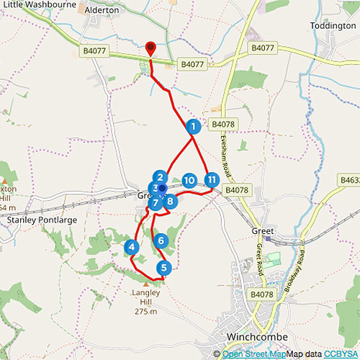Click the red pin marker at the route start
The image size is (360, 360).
(x=150, y=48)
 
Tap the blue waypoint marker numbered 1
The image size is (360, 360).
(x=193, y=127)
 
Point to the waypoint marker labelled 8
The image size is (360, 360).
(x=170, y=201)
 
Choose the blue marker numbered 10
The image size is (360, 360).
(x=189, y=180)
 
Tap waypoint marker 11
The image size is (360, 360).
(x=211, y=180)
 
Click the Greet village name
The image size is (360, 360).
(x=263, y=232)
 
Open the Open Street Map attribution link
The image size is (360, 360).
(x=253, y=354)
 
